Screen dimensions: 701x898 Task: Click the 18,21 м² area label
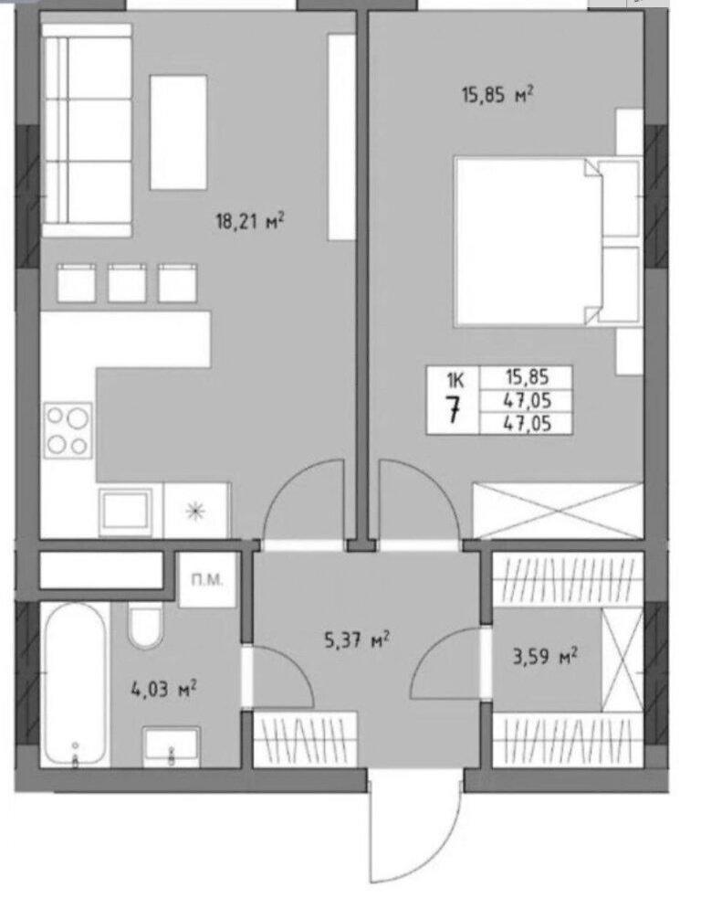[x=249, y=220]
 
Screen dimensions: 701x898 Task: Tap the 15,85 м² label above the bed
[x=497, y=94]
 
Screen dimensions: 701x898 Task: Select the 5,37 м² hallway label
[x=357, y=639]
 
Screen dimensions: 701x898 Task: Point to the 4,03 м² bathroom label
[x=163, y=689]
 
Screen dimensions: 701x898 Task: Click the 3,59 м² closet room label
[x=544, y=656]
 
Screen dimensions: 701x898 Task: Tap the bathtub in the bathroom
[x=76, y=684]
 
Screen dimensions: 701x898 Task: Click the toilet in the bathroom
[x=146, y=626]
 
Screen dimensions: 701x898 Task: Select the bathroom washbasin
[x=171, y=746]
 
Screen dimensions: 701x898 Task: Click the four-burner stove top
[x=68, y=430]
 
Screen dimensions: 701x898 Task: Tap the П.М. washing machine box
[x=207, y=579]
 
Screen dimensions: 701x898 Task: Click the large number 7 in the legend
[x=455, y=409]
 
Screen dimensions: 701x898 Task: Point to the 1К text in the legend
[x=455, y=380]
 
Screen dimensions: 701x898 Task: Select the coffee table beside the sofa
[x=178, y=132]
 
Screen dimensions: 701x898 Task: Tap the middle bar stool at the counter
[x=127, y=282]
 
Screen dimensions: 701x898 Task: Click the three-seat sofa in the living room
[x=87, y=131]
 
